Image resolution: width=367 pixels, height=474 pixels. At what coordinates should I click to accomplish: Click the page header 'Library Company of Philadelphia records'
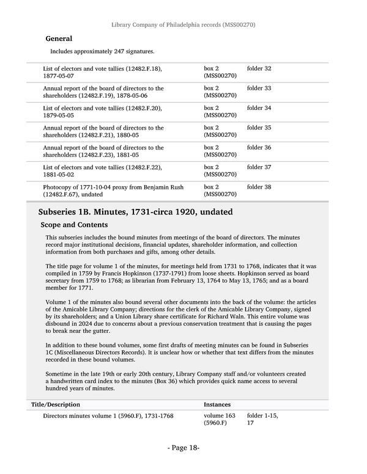183,25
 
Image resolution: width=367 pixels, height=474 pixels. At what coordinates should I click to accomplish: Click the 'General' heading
59,38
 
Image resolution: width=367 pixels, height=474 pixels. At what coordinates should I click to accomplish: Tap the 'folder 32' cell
259,68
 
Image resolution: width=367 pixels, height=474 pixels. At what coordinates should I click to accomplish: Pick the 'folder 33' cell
259,89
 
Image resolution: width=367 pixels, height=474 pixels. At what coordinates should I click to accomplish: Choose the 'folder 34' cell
259,108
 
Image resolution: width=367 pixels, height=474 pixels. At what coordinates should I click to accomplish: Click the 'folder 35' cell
259,128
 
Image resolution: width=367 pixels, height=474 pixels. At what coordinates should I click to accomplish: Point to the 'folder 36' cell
259,148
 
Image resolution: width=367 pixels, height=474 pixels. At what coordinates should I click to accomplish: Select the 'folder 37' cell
259,167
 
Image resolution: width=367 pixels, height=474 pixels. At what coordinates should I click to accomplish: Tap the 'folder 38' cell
259,187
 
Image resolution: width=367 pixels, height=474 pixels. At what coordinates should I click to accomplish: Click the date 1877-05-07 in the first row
59,76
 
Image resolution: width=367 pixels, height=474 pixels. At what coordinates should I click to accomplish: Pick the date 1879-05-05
59,115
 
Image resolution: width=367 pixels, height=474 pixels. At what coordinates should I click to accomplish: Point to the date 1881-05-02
59,175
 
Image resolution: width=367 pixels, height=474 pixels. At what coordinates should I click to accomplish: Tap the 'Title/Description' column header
55,404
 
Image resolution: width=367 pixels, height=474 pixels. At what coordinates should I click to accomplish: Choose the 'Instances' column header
218,404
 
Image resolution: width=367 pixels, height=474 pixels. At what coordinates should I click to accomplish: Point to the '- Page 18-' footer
183,448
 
